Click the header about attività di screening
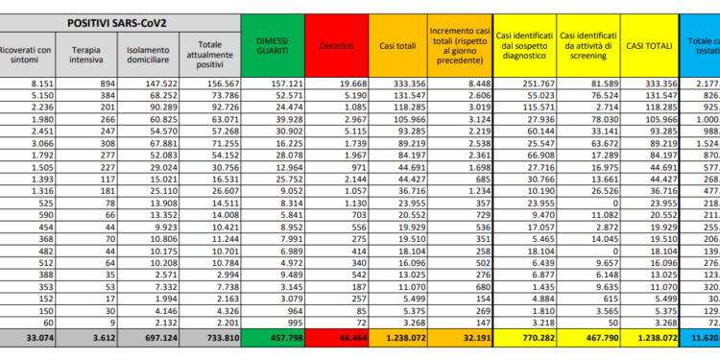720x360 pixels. (587, 45)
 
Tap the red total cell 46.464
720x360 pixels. (338, 338)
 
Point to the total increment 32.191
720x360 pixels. (465, 338)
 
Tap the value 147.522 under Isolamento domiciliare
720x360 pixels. (149, 84)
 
